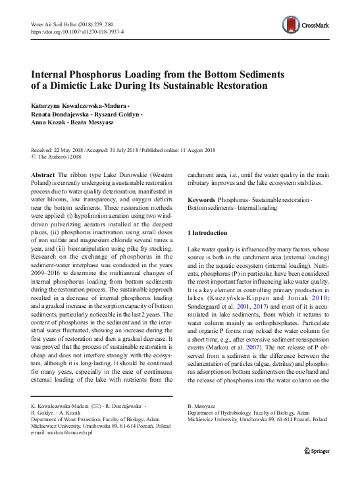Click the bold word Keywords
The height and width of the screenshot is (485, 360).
(201, 199)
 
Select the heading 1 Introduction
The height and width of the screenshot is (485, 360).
(207, 233)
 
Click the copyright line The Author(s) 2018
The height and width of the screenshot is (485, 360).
(59, 157)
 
